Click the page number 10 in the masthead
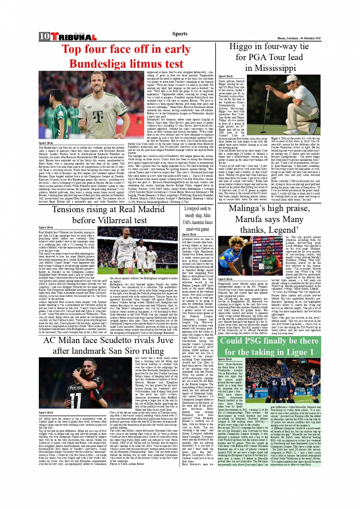(44, 36)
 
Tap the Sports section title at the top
(179, 34)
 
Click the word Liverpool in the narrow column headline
(192, 208)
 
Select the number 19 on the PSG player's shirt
(284, 381)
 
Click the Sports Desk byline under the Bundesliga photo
(46, 143)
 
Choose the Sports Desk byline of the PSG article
(224, 359)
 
